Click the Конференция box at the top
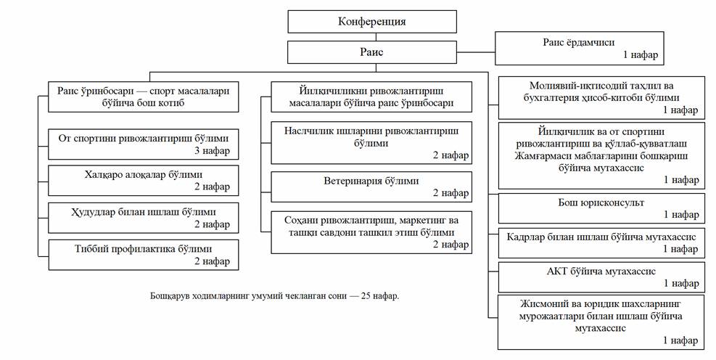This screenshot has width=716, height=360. [x=371, y=22]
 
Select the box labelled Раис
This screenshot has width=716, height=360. [x=371, y=52]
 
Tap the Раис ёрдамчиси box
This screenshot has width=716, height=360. [x=579, y=49]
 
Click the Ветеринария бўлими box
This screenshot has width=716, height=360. [x=371, y=187]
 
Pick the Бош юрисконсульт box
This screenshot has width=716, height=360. [x=601, y=208]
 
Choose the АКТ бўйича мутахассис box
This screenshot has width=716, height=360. [x=601, y=277]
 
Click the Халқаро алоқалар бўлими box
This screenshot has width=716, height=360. [x=144, y=181]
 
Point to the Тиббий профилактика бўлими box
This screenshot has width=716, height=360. [x=144, y=255]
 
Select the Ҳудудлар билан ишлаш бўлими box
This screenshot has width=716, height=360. [x=144, y=218]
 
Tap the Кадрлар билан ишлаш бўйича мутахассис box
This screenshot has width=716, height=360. [x=601, y=242]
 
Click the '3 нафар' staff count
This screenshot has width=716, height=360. [x=213, y=150]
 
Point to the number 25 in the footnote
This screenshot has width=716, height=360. [x=366, y=295]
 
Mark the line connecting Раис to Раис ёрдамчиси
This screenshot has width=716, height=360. [x=476, y=52]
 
